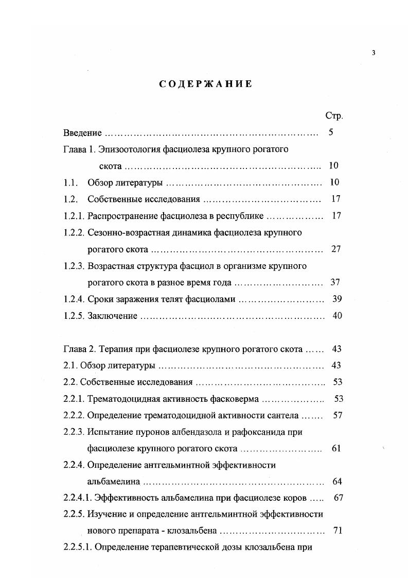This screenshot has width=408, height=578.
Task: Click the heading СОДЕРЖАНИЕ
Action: coord(205,84)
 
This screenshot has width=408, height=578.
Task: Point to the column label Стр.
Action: coord(334,116)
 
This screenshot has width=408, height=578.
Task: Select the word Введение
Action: coord(82,133)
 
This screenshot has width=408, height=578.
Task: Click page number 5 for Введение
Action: coord(331,132)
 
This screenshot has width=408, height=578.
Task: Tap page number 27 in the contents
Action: coord(336,249)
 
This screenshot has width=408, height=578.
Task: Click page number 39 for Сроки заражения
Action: coord(337,299)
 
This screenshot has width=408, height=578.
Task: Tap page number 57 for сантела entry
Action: coord(338,415)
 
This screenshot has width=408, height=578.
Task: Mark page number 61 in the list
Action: coord(336,448)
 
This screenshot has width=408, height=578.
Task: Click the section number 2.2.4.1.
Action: coord(77,498)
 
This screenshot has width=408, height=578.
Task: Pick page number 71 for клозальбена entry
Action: coord(338,531)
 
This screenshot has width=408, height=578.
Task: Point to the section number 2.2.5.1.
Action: coord(77,548)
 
